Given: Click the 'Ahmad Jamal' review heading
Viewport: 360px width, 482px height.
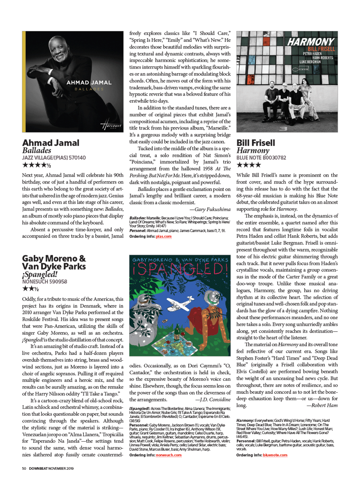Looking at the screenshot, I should (51, 143).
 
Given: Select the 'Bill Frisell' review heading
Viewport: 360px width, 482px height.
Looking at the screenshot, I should (256, 143).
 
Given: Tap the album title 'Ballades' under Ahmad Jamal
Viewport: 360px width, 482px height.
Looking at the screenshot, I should (37, 150).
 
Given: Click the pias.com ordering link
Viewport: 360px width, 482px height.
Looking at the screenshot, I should (164, 237).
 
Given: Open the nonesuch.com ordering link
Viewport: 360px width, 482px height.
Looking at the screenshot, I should (169, 455).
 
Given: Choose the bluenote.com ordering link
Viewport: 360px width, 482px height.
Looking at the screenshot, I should (275, 455).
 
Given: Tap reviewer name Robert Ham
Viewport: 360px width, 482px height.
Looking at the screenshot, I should (322, 405).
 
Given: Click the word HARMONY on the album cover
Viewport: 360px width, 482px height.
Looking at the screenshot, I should (311, 42).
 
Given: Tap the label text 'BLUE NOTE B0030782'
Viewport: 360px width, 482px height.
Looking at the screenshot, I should (261, 158).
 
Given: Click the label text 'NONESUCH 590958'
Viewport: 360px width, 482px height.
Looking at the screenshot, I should (45, 281).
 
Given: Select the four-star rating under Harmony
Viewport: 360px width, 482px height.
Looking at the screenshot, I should (249, 165).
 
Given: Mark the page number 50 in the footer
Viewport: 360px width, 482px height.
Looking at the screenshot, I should (24, 468).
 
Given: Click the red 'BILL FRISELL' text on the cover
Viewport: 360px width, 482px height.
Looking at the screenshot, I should (321, 49).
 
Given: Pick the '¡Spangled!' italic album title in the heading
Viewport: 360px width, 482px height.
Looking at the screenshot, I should (40, 274).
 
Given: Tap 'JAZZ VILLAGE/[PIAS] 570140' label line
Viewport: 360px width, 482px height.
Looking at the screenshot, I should (54, 158).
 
